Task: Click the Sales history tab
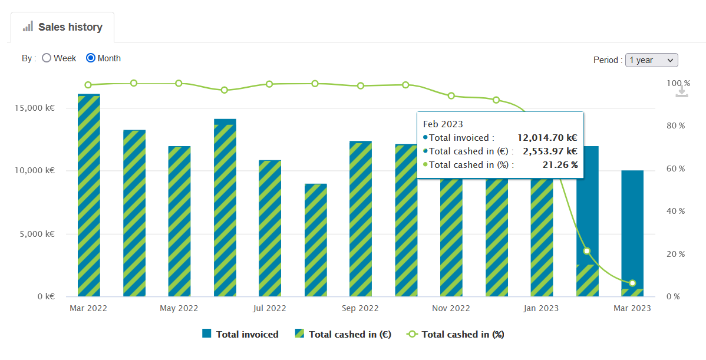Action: click(x=62, y=27)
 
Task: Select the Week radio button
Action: click(x=47, y=58)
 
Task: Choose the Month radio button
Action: click(x=91, y=58)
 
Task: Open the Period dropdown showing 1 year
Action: click(x=651, y=60)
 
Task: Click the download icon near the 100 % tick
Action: click(x=682, y=91)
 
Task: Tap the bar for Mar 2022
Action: click(x=89, y=194)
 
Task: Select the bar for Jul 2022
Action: click(x=270, y=228)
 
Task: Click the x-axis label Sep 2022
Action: click(x=360, y=309)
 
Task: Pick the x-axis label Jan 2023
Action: click(x=541, y=309)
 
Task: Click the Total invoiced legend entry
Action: click(x=240, y=334)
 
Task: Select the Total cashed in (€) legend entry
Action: click(x=344, y=334)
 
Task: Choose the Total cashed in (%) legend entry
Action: click(x=456, y=334)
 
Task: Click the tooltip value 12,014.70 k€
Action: click(x=547, y=138)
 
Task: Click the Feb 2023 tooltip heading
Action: click(x=443, y=124)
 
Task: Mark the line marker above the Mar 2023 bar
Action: click(x=632, y=283)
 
